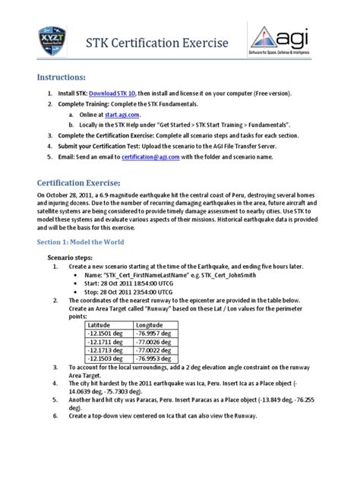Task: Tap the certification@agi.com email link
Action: coord(150,158)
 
